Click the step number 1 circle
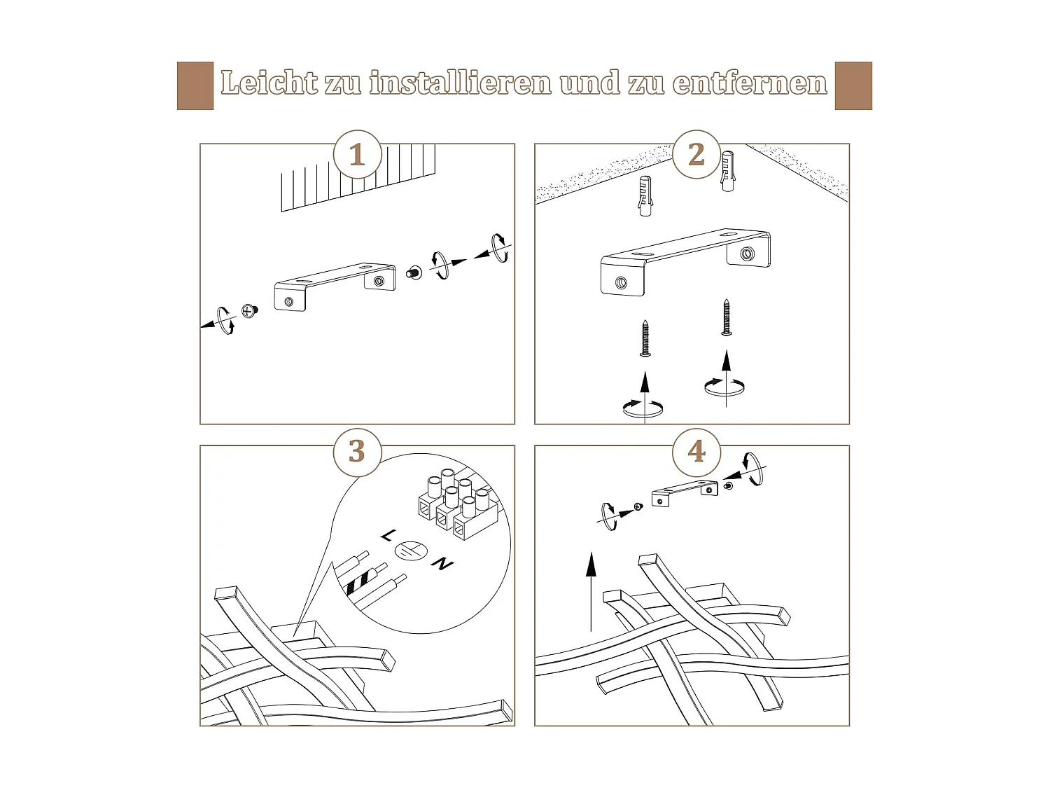357,155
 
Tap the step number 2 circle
696,155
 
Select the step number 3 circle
357,452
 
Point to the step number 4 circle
696,452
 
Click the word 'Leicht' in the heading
269,82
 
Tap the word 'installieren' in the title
460,82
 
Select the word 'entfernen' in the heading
750,83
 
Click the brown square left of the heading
195,85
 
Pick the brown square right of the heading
853,85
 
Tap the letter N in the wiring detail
442,564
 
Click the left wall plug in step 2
645,195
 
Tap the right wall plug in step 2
727,172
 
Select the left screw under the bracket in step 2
645,338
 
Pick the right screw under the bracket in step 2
727,317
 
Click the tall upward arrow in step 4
591,592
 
